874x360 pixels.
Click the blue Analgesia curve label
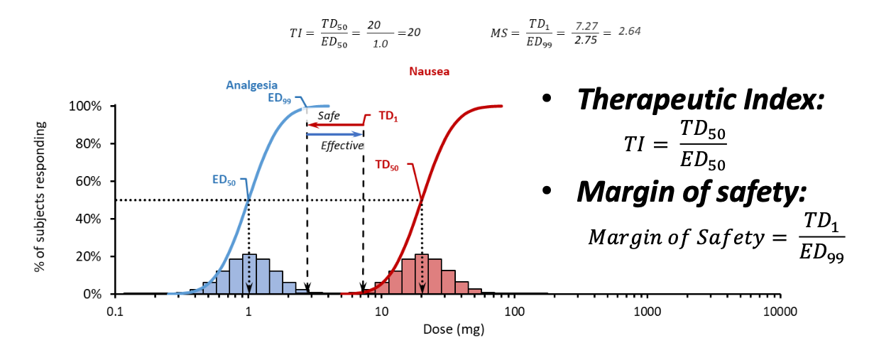click(252, 86)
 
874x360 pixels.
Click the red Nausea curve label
click(429, 71)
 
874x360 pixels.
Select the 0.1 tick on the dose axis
click(114, 311)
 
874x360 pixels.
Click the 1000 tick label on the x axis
click(647, 311)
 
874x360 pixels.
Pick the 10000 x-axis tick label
click(780, 311)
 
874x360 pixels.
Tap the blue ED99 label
click(279, 99)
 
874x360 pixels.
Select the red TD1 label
click(386, 117)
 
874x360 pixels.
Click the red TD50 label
click(386, 165)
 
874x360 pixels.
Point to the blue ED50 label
click(223, 180)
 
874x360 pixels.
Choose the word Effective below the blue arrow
click(342, 146)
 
